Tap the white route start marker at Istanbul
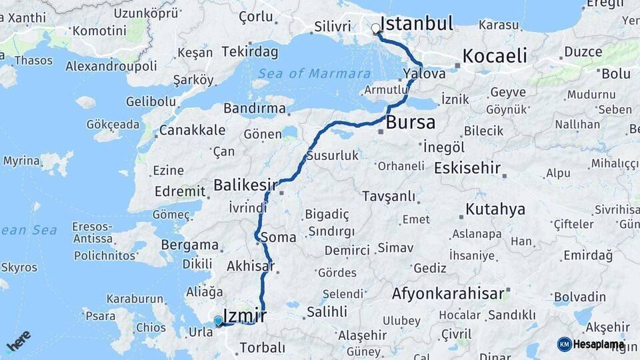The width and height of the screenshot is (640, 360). [376, 29]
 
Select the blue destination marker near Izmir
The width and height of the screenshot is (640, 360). [218, 321]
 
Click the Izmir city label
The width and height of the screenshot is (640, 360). [245, 315]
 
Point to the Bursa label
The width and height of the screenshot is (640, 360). [411, 123]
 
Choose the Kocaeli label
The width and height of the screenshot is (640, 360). [495, 56]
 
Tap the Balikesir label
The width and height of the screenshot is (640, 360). [246, 185]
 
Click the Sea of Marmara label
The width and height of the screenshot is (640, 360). [315, 73]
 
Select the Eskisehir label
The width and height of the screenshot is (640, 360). [467, 168]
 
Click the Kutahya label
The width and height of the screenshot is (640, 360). [495, 209]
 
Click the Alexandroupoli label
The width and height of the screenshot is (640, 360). [111, 66]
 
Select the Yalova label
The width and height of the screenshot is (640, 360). [424, 74]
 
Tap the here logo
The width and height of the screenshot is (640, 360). [19, 341]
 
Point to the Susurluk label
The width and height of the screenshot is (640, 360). [333, 156]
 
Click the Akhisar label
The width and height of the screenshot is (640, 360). [250, 266]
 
